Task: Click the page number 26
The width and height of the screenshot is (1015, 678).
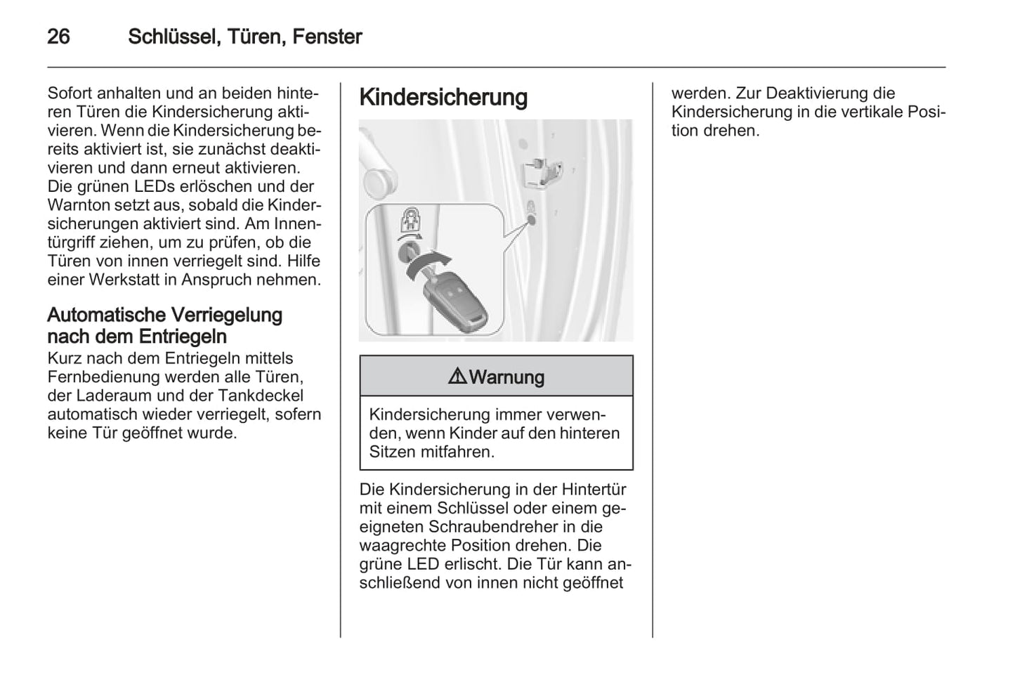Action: point(58,37)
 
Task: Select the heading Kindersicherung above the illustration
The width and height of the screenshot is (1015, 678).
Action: point(443,97)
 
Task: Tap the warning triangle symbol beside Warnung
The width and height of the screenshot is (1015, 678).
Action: point(457,377)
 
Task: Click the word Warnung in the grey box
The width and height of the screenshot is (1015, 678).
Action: point(506,377)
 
